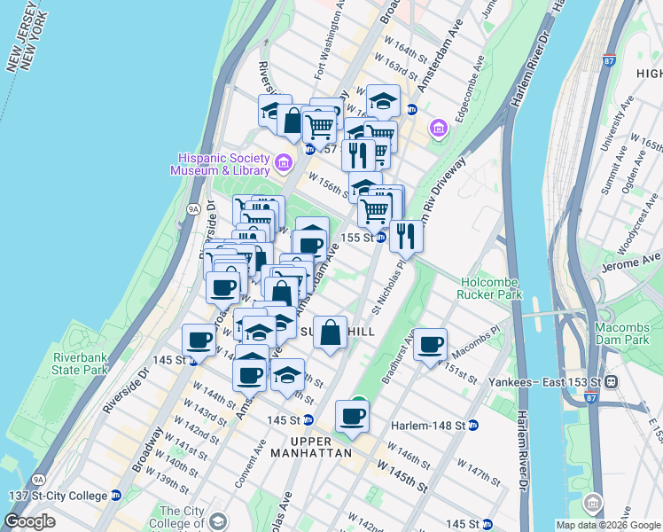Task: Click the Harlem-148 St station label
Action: [429, 426]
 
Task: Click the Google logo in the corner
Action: [30, 521]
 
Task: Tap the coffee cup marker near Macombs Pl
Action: [430, 344]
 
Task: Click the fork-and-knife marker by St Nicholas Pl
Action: [406, 235]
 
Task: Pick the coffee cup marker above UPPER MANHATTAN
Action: [352, 416]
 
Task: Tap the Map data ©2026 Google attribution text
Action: [608, 525]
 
